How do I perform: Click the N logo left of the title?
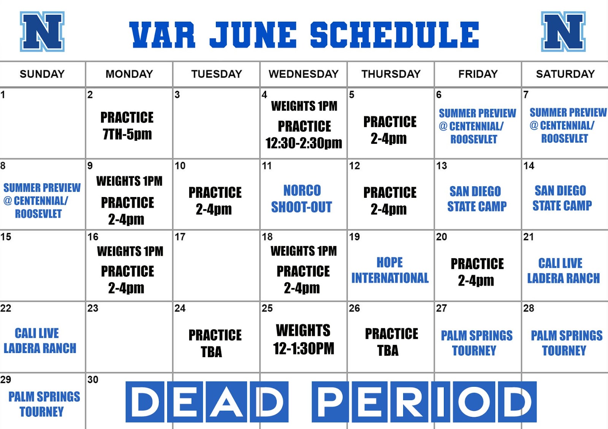coord(42,32)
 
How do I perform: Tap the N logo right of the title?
coord(563,32)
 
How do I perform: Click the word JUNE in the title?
coord(253,35)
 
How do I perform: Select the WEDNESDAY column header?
coord(304,74)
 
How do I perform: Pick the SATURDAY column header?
coord(565,74)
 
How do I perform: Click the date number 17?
coord(180,237)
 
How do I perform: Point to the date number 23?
coord(93,308)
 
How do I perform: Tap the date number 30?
coord(93,380)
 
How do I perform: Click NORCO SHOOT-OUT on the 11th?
coord(302,199)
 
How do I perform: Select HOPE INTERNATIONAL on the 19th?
coord(390,270)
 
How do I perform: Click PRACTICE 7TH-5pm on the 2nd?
coord(127,126)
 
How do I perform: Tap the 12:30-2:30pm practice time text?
coord(304,143)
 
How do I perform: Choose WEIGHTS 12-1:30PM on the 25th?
coord(304,339)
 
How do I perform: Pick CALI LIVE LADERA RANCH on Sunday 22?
coord(40,341)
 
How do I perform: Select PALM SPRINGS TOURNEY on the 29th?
coord(44,404)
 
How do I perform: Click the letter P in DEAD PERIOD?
coord(330,402)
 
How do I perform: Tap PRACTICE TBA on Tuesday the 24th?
coord(215,343)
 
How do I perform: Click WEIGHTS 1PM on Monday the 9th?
coord(129,181)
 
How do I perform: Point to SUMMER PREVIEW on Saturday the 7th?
coord(568,112)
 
